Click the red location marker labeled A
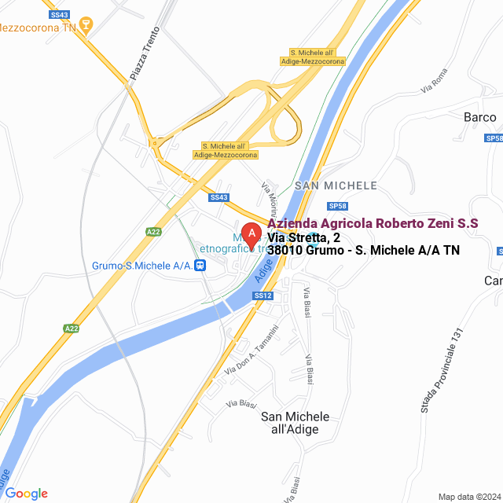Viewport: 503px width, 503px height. [x=251, y=234]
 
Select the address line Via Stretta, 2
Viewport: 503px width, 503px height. [x=303, y=237]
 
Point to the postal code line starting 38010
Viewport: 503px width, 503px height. [x=363, y=251]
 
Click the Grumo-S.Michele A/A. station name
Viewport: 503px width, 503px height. [x=142, y=266]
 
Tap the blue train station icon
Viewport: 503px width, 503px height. [x=201, y=266]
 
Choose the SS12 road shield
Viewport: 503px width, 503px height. [x=263, y=296]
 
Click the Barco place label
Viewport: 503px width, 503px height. [x=479, y=117]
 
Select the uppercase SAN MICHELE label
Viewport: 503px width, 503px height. [x=336, y=185]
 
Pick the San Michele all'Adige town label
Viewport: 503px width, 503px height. [x=295, y=423]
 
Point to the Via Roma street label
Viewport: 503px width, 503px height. [x=433, y=82]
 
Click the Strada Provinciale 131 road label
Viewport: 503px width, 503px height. [x=438, y=370]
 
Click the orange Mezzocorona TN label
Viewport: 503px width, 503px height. [x=42, y=25]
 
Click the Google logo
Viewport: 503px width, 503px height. [x=27, y=494]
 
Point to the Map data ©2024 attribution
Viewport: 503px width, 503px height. [x=468, y=497]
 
